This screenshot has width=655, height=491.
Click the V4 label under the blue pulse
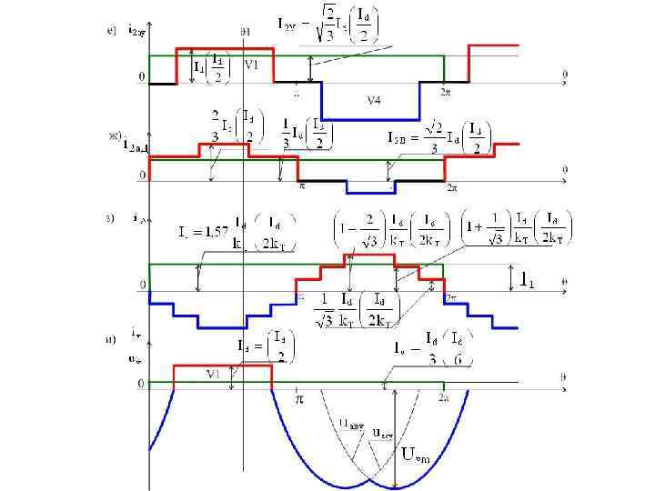click(x=373, y=100)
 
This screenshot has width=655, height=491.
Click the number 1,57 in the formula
click(x=214, y=231)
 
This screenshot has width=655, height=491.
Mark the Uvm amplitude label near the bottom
click(x=410, y=455)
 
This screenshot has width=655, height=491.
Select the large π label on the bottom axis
click(x=297, y=398)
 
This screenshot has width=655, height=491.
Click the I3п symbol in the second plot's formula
click(x=398, y=139)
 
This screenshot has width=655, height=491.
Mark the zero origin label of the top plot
click(x=141, y=77)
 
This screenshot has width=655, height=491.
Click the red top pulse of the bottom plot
click(x=223, y=365)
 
